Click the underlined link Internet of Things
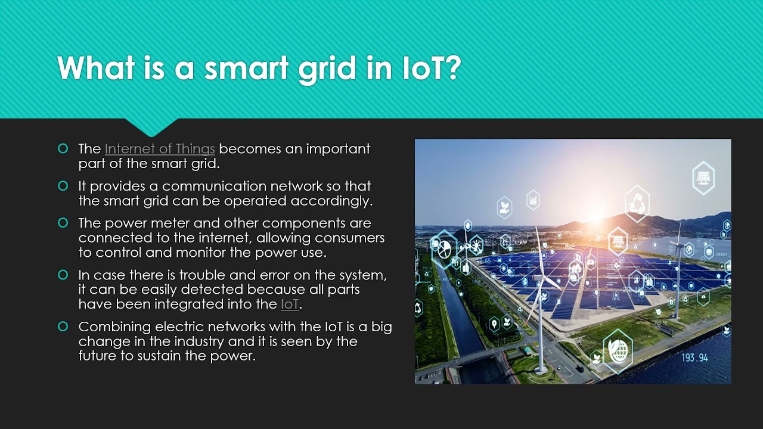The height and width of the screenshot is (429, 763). (160, 148)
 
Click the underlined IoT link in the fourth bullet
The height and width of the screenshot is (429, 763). (290, 304)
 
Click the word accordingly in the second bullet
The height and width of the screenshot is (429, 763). (331, 201)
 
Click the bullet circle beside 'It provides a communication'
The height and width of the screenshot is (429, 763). (63, 186)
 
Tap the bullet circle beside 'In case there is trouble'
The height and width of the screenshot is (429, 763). (63, 275)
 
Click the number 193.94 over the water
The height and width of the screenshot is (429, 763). (694, 357)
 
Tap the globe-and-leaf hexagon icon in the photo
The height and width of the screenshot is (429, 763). (618, 350)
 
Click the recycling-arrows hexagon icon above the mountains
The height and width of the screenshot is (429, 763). (637, 203)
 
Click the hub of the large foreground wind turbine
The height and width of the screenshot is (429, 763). (540, 278)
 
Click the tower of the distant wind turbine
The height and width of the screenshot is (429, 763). (677, 280)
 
